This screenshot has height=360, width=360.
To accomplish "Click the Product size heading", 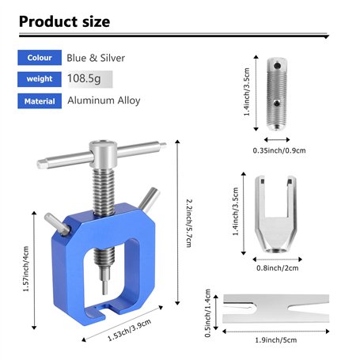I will coord(64,21).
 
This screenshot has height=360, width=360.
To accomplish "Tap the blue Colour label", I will coord(40,58).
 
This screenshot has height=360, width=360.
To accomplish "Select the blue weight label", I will coord(40,79).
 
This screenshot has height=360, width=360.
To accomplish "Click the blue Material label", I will coord(40,100).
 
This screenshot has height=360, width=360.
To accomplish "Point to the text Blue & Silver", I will coord(96,58).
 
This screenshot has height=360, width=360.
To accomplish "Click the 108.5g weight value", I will coord(87,79).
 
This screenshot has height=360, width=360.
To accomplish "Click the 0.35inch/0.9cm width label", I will coord(279,150).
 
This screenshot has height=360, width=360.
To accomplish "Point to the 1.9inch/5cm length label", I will coord(277,340).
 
